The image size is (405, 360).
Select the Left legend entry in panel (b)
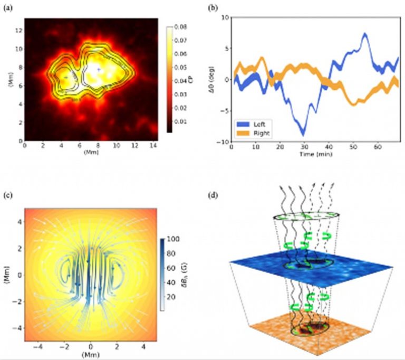[x=257, y=124]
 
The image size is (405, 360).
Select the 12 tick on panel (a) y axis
[x=19, y=31]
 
